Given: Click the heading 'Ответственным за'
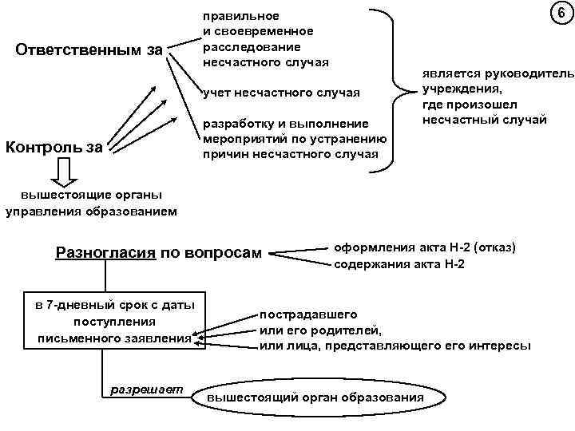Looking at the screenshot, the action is [89, 50].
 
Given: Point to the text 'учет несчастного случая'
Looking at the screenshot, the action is [281, 94].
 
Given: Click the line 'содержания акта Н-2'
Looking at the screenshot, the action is [399, 264].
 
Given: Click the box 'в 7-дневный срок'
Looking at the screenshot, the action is [114, 322].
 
